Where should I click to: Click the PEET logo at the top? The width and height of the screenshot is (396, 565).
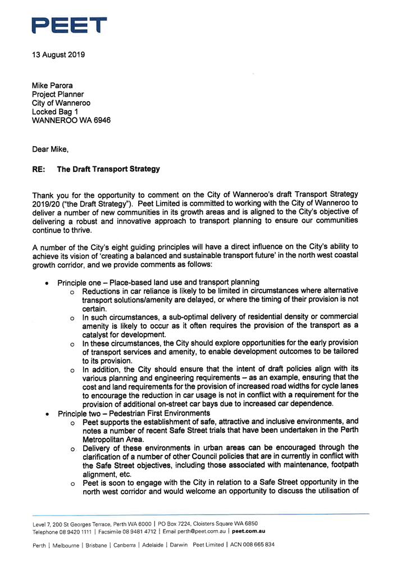click(x=69, y=25)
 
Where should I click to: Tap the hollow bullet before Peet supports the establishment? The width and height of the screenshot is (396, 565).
click(x=72, y=422)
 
